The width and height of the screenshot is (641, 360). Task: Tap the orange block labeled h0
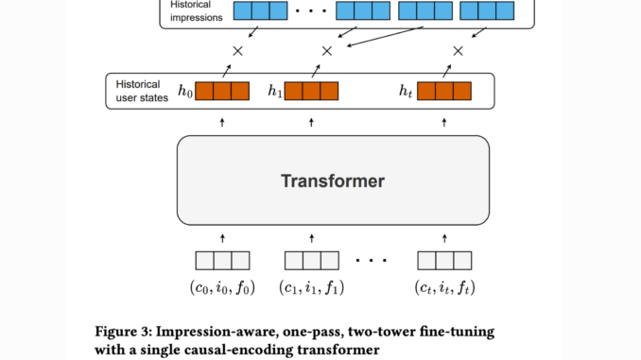(x=222, y=92)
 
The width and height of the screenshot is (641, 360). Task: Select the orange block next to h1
(x=311, y=92)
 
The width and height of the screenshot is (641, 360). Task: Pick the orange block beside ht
(x=444, y=92)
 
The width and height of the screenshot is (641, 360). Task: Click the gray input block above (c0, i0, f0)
(x=222, y=261)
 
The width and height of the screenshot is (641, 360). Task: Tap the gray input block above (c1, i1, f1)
(x=311, y=261)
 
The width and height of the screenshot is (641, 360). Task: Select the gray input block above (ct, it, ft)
(x=445, y=261)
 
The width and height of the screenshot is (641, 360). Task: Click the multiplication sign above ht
(x=459, y=50)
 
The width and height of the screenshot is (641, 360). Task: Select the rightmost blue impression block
(x=492, y=11)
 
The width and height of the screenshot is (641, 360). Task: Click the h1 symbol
(x=274, y=93)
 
